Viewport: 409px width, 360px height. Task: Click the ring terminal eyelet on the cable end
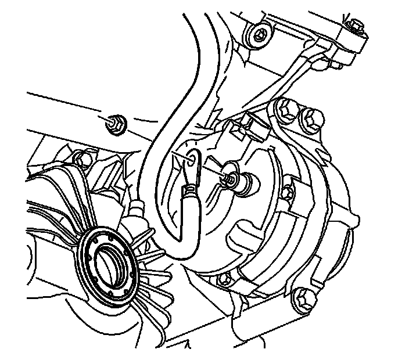coord(192,158)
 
